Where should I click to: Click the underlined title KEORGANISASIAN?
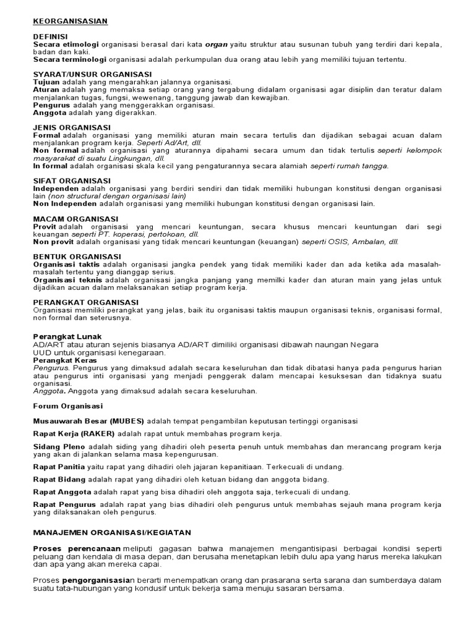click(x=70, y=21)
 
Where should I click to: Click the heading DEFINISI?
click(x=50, y=37)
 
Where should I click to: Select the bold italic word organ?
click(x=217, y=45)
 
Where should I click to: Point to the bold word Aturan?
click(x=46, y=90)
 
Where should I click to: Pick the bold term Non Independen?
click(x=65, y=203)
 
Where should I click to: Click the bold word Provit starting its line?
click(x=45, y=226)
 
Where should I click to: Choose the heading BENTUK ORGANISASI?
click(x=77, y=256)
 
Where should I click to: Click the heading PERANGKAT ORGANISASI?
click(x=85, y=302)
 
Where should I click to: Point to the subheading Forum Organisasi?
click(x=69, y=406)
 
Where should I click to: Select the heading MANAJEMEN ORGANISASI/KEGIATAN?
click(x=112, y=532)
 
